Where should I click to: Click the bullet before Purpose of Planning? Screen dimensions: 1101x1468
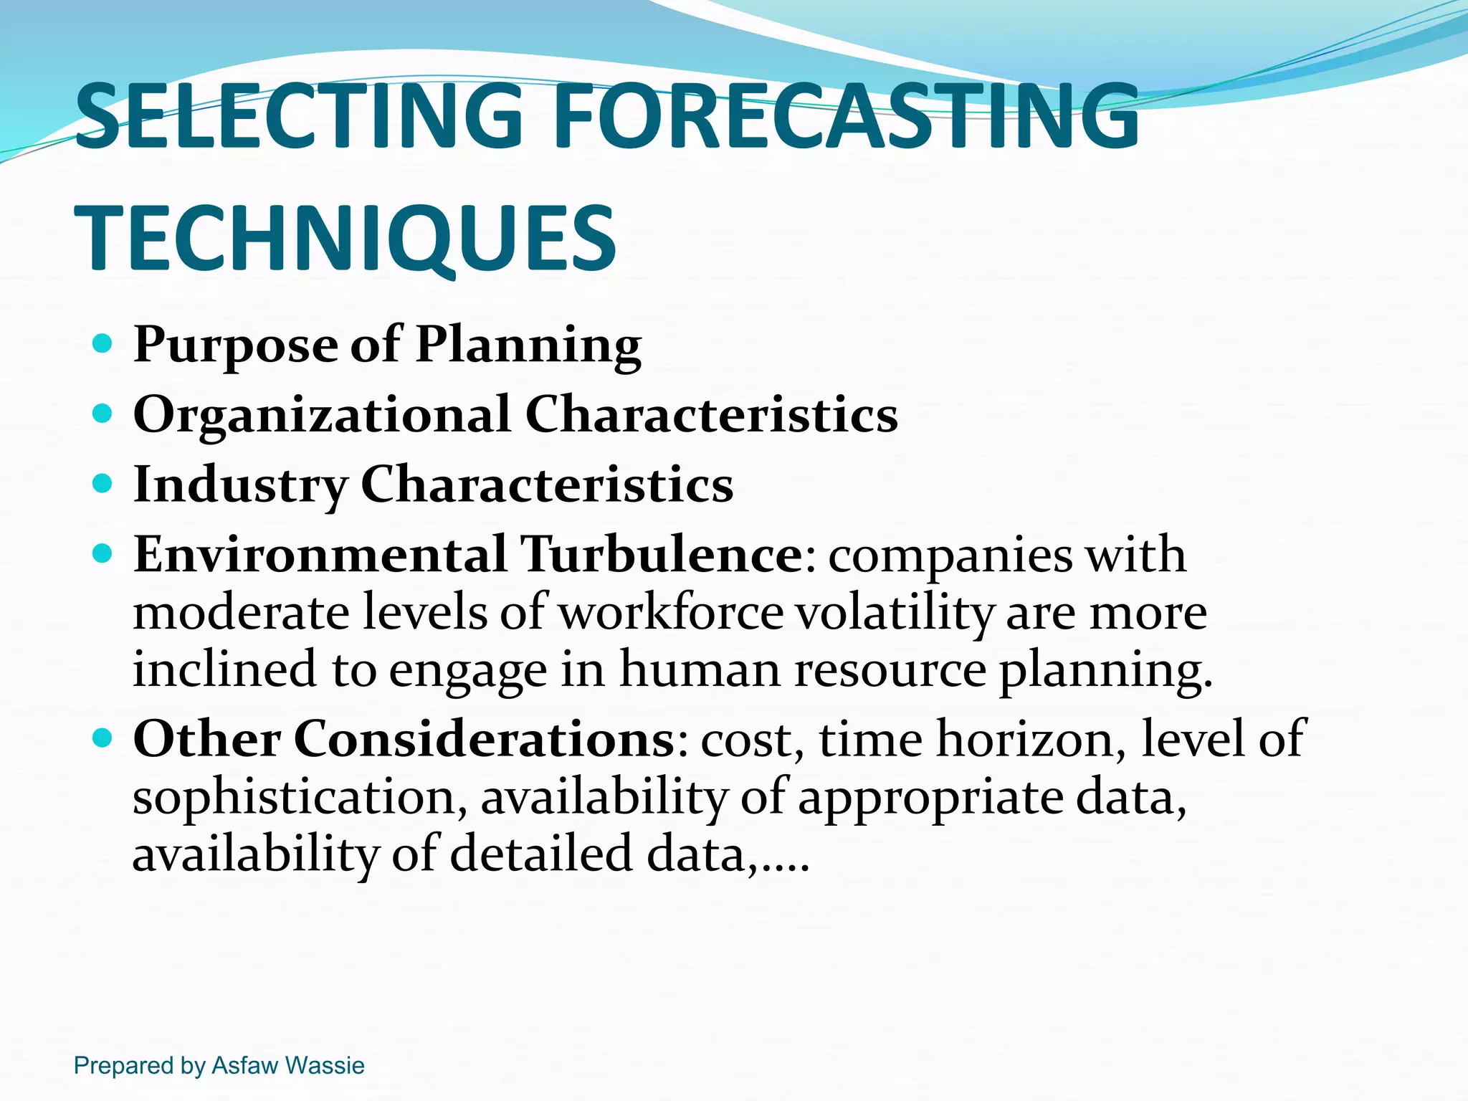click(x=103, y=344)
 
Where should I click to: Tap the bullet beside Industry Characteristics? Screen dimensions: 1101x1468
click(x=103, y=483)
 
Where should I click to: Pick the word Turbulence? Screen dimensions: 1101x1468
click(x=661, y=555)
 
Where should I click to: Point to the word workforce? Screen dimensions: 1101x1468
click(x=671, y=613)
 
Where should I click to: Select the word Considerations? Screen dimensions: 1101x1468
click(x=484, y=739)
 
